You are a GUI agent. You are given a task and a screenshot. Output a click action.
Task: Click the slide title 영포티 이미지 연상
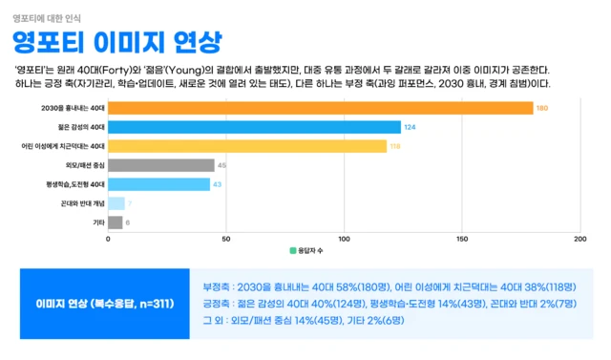(116, 42)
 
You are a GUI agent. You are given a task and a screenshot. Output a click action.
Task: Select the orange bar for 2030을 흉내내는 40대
(320, 108)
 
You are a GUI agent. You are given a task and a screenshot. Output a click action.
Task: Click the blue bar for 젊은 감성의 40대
(254, 127)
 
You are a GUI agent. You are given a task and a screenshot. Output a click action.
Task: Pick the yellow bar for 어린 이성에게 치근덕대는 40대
(247, 146)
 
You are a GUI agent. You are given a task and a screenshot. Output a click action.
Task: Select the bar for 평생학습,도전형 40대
(158, 184)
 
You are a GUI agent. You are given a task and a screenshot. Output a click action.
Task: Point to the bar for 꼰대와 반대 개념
(116, 203)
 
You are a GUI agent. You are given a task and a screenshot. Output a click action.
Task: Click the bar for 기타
(115, 222)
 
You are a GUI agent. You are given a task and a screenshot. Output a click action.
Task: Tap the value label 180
(541, 108)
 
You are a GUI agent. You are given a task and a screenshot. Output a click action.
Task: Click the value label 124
(410, 127)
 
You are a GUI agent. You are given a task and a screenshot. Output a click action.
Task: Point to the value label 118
(395, 146)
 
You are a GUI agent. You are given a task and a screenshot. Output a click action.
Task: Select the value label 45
(221, 165)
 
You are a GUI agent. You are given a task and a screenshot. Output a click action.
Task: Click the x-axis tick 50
(225, 239)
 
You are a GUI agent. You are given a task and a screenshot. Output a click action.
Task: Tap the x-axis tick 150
(462, 239)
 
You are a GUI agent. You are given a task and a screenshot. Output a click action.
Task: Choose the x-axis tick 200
(579, 239)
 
